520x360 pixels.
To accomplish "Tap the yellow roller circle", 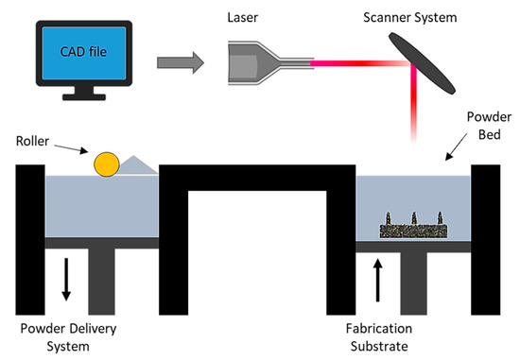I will (x=105, y=165).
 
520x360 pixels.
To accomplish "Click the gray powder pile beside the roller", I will (x=136, y=167).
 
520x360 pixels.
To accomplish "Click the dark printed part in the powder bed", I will (x=414, y=228).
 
